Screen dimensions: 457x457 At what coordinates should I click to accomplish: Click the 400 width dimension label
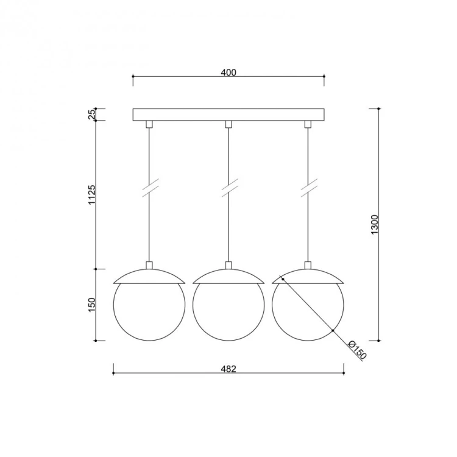228,73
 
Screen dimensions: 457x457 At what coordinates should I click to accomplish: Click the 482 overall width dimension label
228,369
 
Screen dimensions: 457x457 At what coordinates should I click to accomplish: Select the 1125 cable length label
91,194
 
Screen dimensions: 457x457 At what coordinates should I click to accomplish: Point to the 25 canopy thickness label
91,115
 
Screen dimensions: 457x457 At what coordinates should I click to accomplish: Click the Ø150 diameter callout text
357,350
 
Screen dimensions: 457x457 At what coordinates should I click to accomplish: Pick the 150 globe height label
91,305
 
